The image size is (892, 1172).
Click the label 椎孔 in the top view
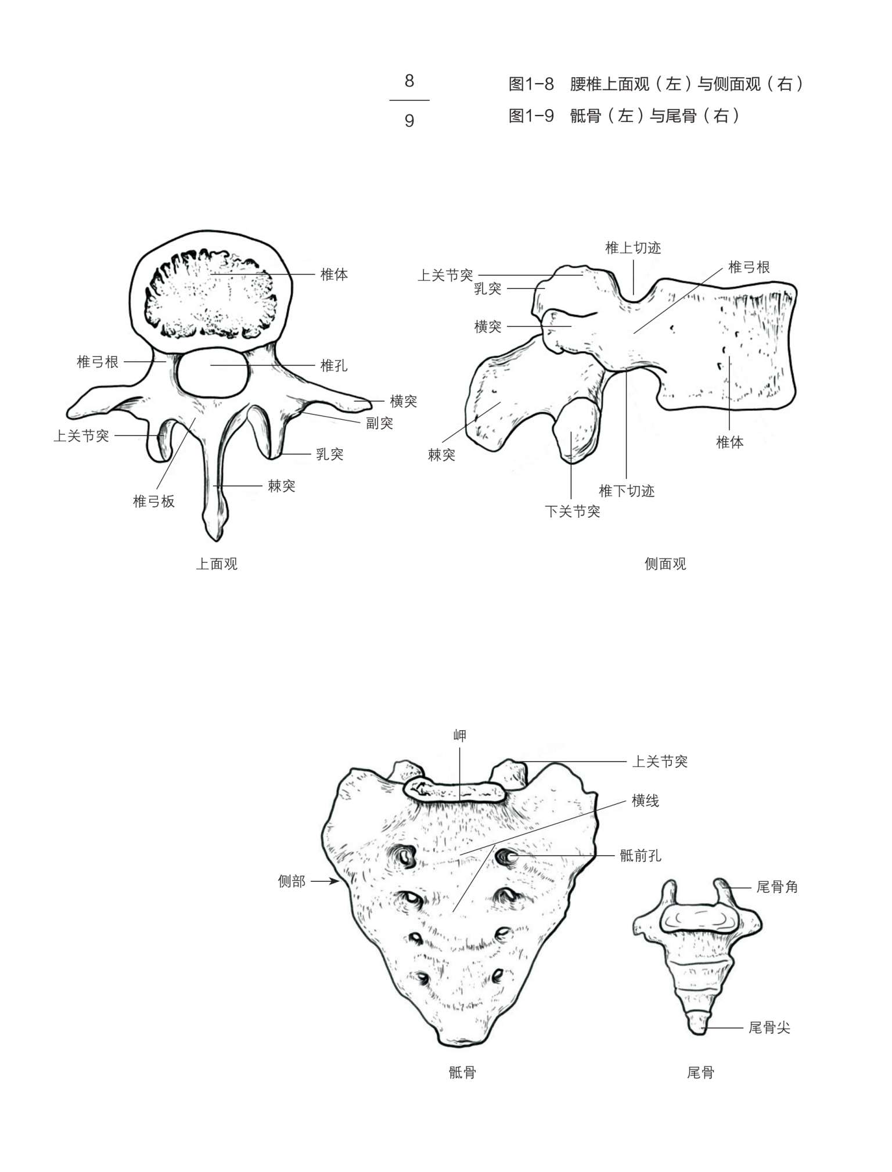click(x=334, y=366)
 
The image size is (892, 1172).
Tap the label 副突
click(x=379, y=423)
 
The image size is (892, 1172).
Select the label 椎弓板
click(x=154, y=501)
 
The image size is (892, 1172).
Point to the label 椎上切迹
click(x=633, y=248)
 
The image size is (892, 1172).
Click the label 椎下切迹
click(x=627, y=491)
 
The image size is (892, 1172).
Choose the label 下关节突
click(x=573, y=511)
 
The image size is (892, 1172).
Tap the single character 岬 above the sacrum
click(x=459, y=735)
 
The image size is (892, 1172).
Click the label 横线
click(x=645, y=801)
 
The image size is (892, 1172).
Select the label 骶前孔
click(x=641, y=856)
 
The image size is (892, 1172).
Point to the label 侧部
click(x=292, y=881)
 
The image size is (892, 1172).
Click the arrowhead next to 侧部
click(x=336, y=881)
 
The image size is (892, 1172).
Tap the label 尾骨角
click(x=777, y=887)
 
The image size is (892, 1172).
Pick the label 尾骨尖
click(x=769, y=1028)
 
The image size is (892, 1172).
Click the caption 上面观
click(x=217, y=564)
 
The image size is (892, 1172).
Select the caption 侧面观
click(x=666, y=564)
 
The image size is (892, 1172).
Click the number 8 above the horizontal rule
click(x=409, y=81)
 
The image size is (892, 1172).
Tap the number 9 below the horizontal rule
click(x=409, y=121)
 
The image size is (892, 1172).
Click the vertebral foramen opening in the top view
click(x=213, y=373)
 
